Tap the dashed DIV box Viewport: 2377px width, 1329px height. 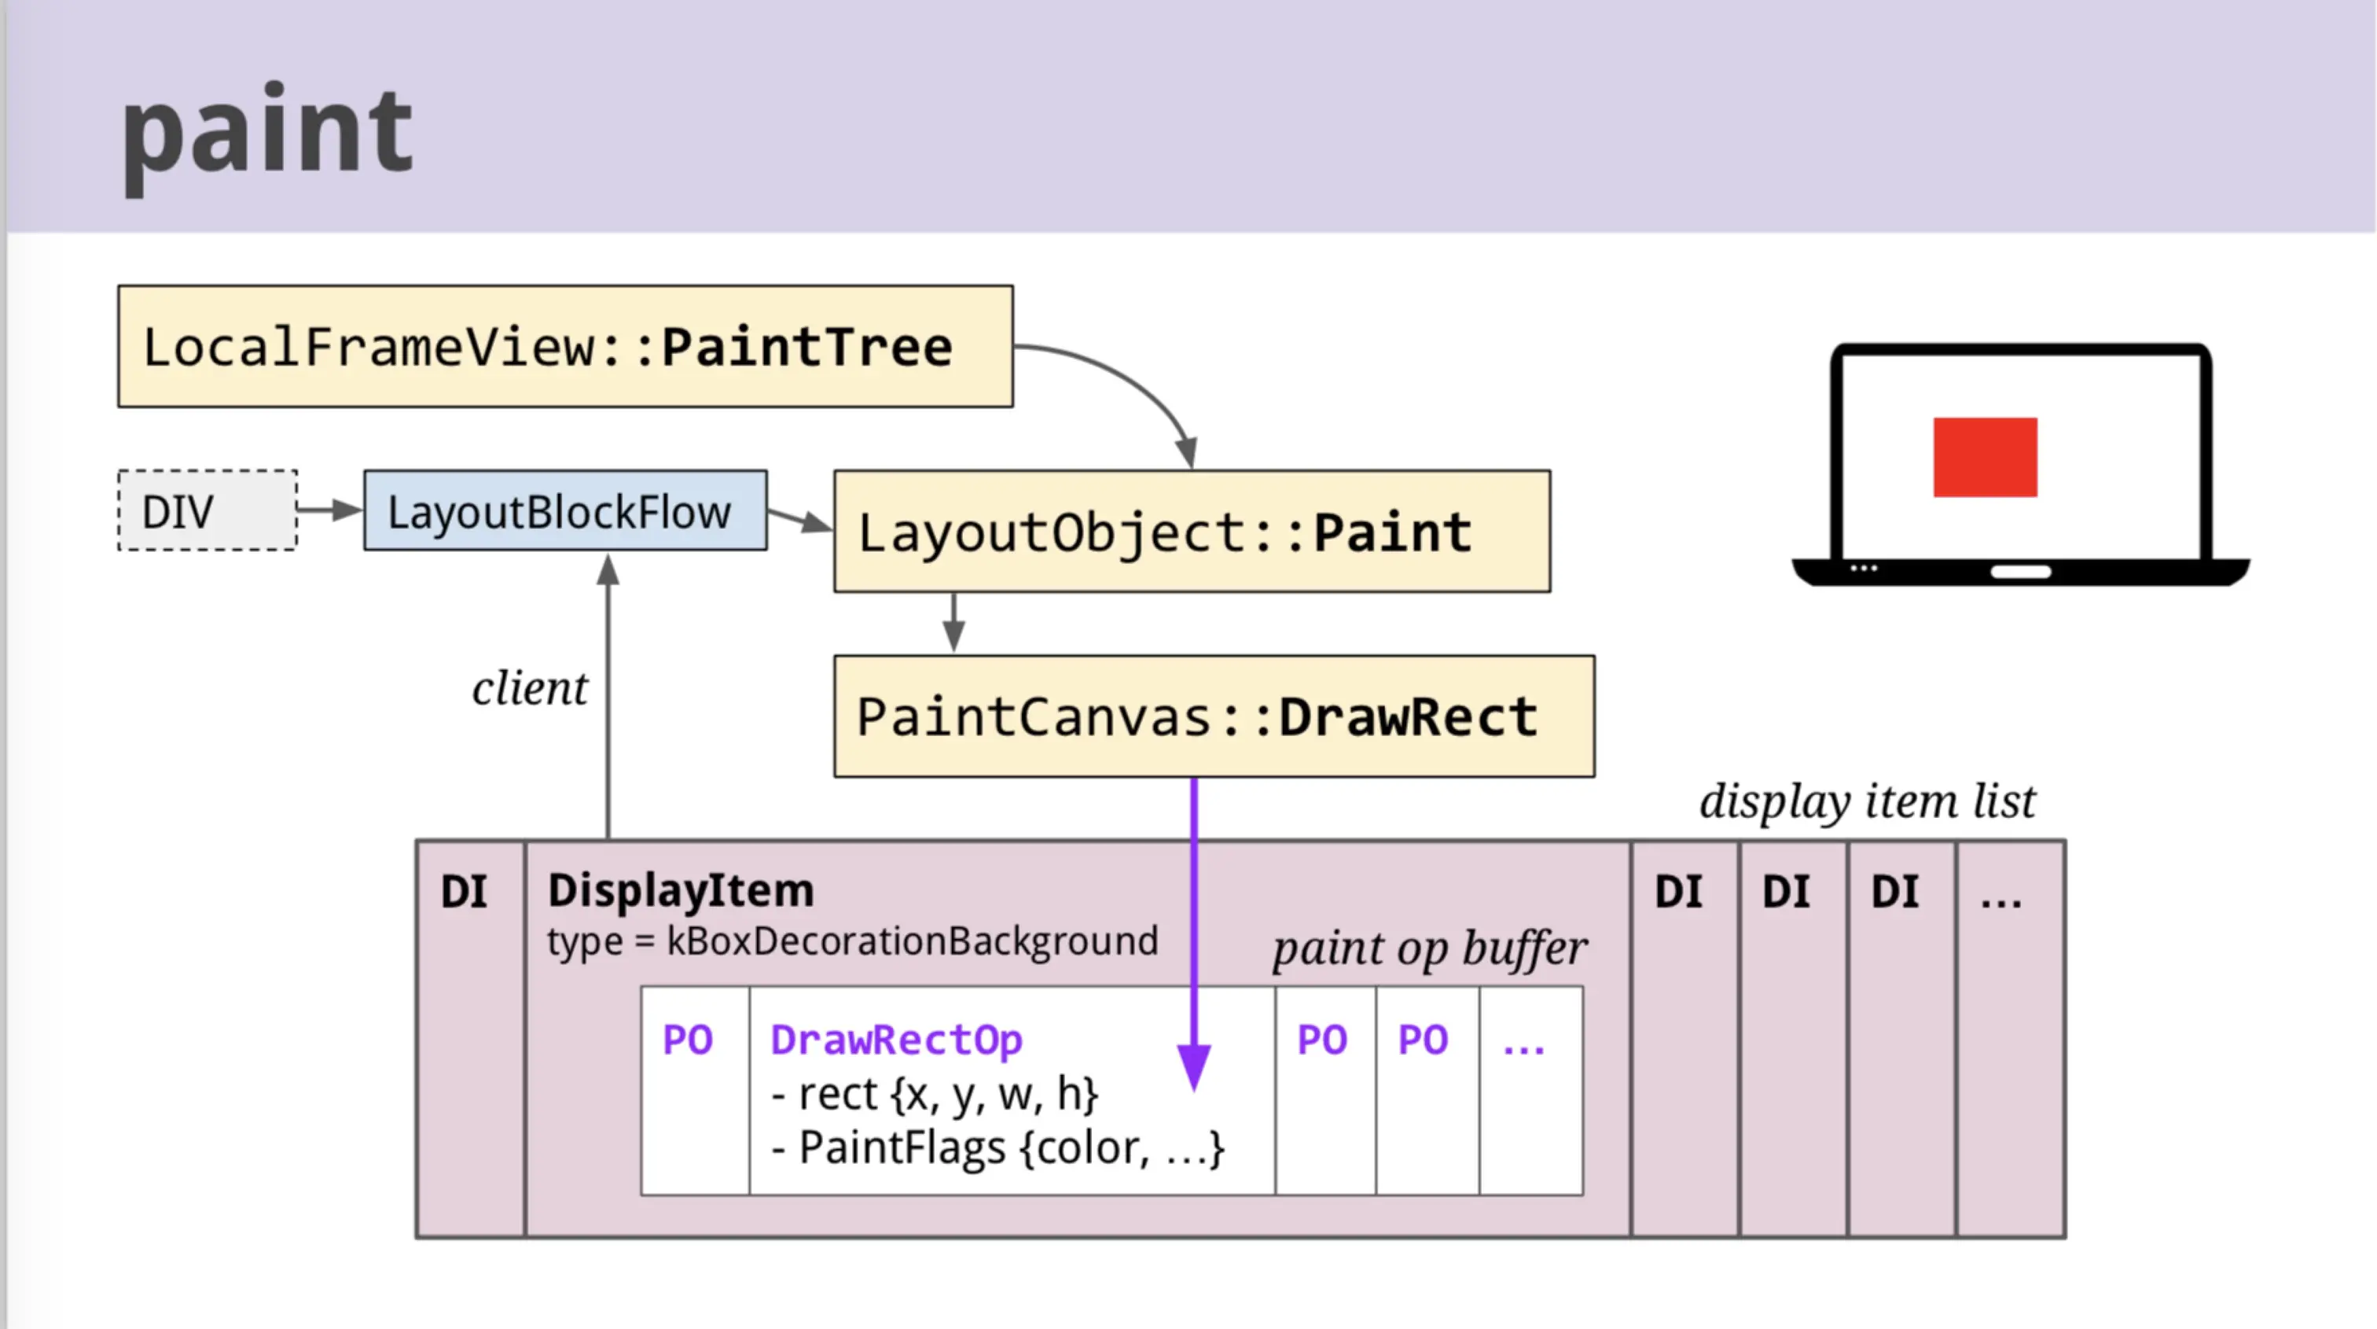[x=208, y=510]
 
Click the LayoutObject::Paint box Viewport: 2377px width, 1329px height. [x=1192, y=532]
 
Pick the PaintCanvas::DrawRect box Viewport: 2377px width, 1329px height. [x=1214, y=716]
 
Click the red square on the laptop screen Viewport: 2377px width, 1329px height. [x=1986, y=457]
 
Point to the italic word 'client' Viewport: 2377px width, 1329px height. [x=530, y=689]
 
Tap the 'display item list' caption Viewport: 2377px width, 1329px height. [x=1868, y=801]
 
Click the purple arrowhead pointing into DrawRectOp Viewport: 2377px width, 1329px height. [x=1194, y=1067]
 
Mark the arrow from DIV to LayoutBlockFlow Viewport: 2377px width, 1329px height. [x=330, y=510]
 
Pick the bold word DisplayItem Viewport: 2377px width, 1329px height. [x=681, y=891]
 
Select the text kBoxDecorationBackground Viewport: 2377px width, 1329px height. [x=912, y=941]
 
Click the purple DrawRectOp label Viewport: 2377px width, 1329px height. [x=896, y=1040]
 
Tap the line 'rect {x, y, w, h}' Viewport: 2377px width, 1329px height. [x=935, y=1095]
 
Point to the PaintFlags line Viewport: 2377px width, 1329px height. [x=997, y=1148]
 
